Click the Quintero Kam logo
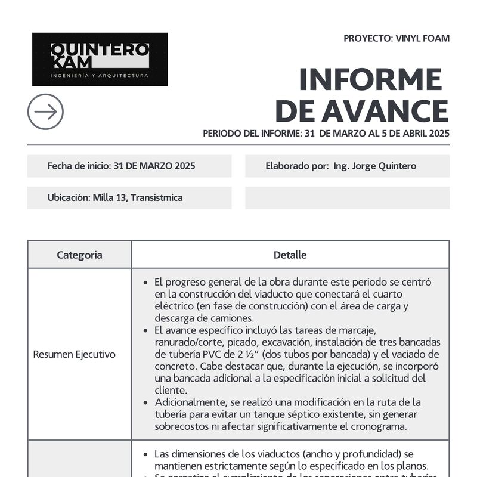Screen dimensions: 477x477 pos(100,59)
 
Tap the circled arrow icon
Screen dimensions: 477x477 pos(45,111)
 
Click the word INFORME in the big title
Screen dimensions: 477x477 pos(370,80)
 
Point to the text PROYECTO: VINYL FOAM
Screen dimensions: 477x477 pos(397,39)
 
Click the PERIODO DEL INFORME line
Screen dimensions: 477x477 pos(326,134)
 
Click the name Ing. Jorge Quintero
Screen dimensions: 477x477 pos(375,166)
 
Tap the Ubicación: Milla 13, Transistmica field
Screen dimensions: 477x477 pos(115,197)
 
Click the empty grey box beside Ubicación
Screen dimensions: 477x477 pos(347,197)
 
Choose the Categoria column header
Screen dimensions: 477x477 pos(79,255)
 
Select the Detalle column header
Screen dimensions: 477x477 pos(290,255)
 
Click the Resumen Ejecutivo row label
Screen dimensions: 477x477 pos(75,354)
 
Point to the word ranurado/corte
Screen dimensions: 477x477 pos(190,342)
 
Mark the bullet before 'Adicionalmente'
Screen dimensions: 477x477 pos(146,402)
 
